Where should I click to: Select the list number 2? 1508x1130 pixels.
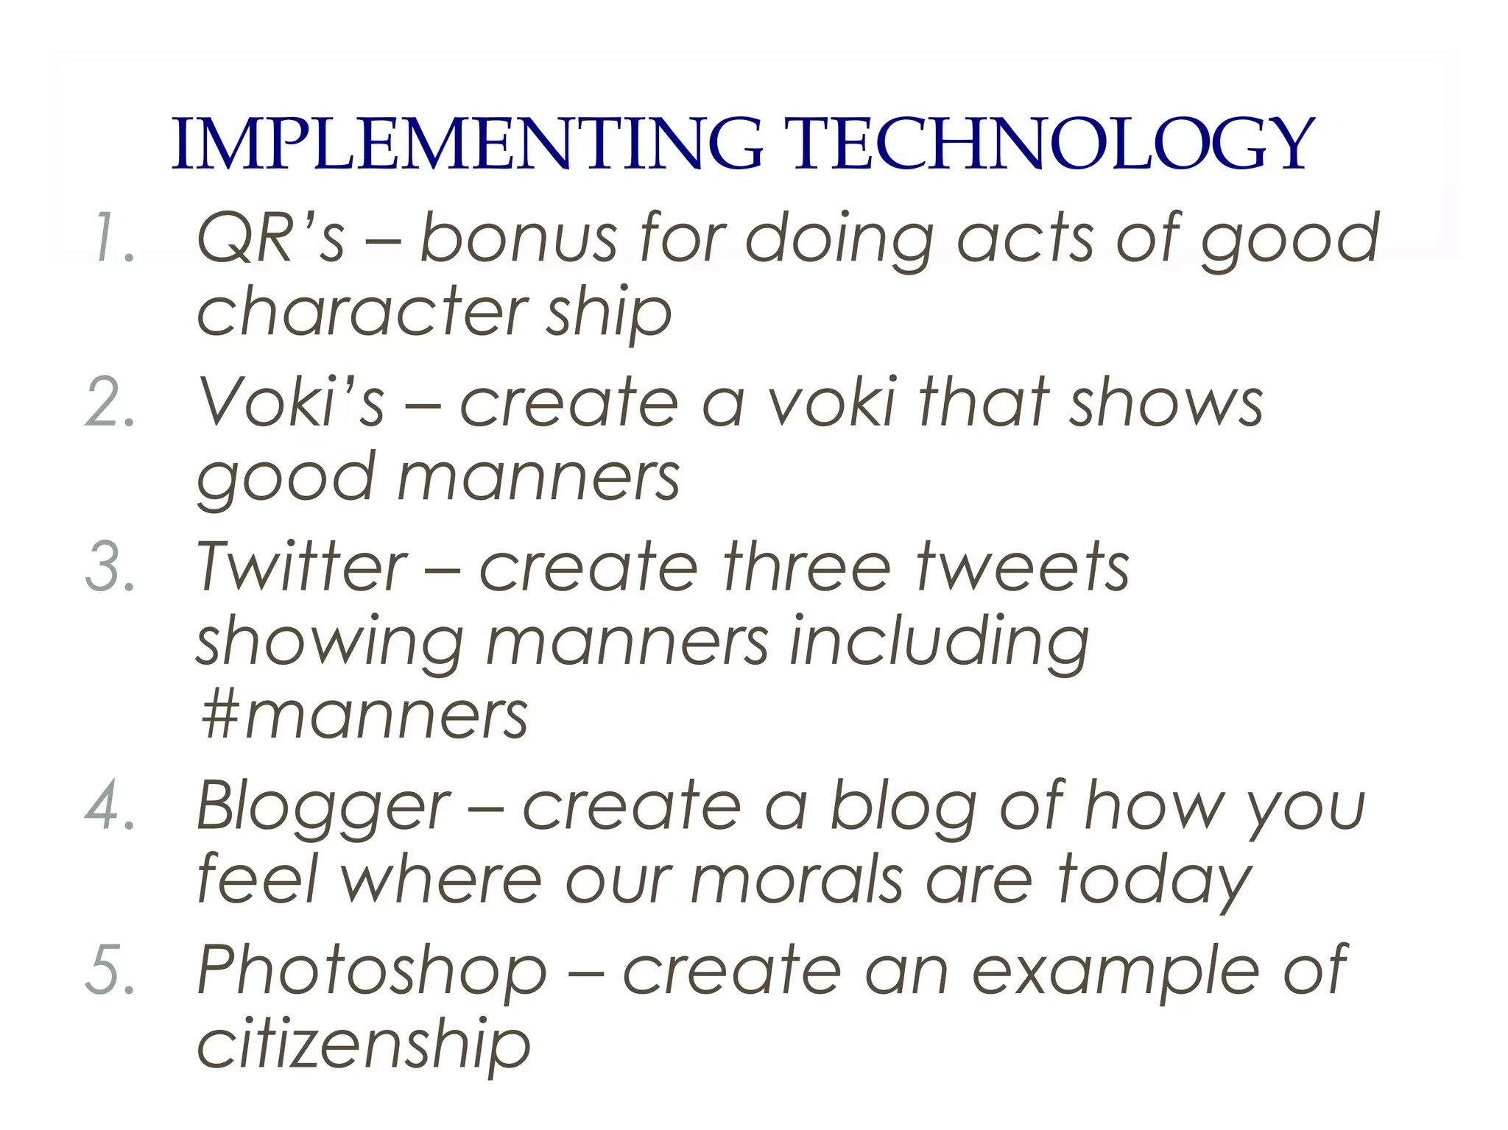point(110,403)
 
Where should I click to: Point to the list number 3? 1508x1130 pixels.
point(110,567)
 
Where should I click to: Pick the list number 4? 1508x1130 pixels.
point(110,806)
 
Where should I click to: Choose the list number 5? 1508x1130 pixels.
point(110,970)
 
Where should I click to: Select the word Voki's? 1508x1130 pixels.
point(291,403)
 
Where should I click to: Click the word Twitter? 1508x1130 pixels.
point(301,567)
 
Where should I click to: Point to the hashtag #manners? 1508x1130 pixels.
point(364,716)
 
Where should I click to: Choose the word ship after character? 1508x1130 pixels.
point(608,313)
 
